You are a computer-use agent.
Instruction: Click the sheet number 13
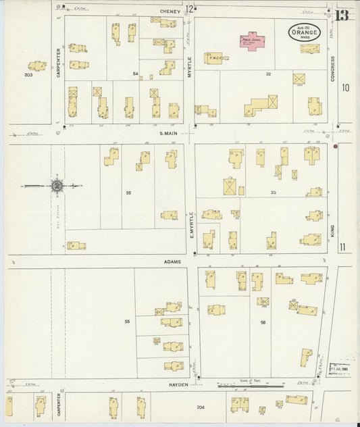(342, 14)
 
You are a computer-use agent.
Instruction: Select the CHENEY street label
(170, 10)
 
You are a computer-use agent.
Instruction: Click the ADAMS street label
(171, 261)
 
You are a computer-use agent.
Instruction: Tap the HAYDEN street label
(178, 384)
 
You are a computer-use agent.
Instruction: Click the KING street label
(333, 232)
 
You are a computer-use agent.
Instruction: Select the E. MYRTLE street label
(191, 225)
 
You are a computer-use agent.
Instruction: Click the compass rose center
(57, 185)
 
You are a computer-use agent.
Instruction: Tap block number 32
(268, 74)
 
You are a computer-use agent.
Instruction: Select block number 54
(135, 73)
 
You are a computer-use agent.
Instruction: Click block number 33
(273, 193)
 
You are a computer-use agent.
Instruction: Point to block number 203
(28, 76)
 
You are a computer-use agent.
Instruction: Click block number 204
(200, 407)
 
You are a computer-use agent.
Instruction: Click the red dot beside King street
(336, 145)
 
